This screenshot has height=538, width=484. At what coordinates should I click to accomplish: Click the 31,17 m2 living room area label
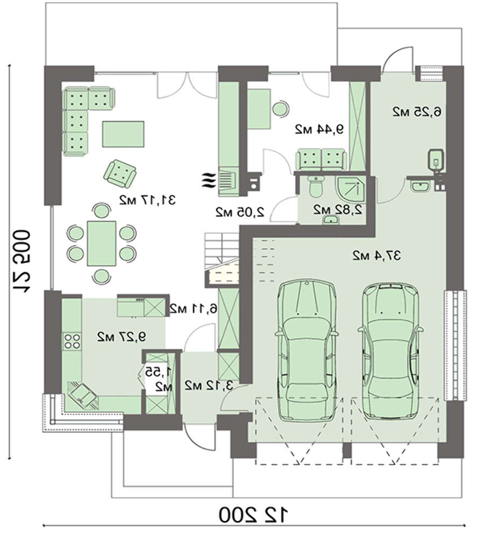147,200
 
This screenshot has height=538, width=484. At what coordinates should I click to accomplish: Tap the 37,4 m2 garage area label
376,255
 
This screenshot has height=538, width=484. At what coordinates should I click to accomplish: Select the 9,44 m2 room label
319,129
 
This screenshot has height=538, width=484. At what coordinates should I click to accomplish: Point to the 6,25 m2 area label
417,111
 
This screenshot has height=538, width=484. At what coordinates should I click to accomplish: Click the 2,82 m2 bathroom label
338,209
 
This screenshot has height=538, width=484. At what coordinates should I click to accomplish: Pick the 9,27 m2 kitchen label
122,337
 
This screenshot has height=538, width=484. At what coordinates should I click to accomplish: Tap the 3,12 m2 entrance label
209,385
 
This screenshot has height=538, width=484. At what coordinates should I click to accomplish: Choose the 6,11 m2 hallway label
194,309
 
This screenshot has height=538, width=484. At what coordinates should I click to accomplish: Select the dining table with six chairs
102,243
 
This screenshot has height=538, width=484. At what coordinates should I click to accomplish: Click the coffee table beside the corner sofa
123,134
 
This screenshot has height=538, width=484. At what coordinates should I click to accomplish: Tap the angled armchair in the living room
120,174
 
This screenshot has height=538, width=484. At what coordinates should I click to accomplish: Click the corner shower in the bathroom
350,189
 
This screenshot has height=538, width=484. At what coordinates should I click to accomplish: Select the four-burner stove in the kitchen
72,341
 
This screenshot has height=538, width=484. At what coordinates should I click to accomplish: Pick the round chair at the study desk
280,109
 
